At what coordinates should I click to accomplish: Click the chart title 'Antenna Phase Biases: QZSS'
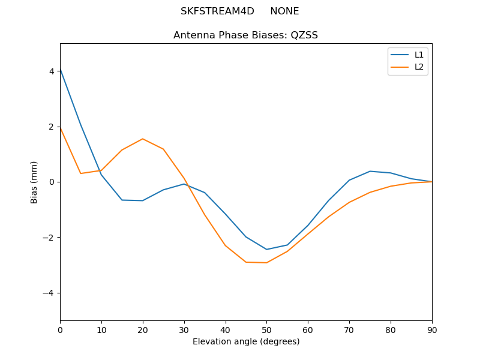coord(245,35)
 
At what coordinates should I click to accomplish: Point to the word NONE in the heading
coord(284,11)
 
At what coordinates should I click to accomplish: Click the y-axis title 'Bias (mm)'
coord(35,182)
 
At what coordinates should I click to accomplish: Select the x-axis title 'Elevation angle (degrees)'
coord(246,341)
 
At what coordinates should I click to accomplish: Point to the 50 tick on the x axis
coord(266,329)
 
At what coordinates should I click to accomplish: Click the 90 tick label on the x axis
coord(432,329)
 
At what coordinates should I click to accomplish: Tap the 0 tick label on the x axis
coord(60,329)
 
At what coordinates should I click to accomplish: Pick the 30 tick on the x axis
coord(184,329)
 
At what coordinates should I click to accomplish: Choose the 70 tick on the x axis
coord(349,329)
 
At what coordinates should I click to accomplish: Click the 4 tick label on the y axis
coord(52,71)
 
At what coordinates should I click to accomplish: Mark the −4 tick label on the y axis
coord(49,293)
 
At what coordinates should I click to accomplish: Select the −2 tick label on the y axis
coord(49,238)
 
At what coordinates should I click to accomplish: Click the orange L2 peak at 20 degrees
coord(143,139)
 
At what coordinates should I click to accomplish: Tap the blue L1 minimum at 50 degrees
coord(266,249)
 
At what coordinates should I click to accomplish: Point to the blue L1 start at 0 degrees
coord(61,69)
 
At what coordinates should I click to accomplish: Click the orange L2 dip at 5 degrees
coord(80,173)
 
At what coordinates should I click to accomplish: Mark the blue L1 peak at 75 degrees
coord(370,171)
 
